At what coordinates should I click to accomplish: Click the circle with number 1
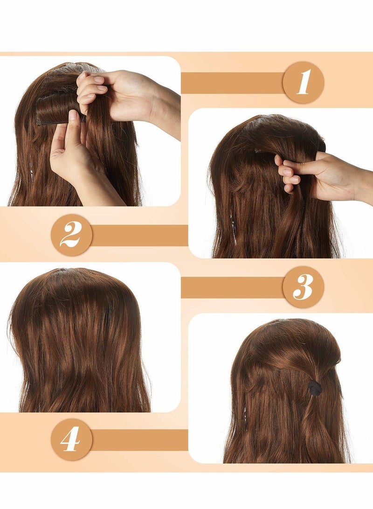point(303,83)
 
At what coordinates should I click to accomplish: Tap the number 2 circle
point(71,235)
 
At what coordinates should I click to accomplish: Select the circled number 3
point(303,286)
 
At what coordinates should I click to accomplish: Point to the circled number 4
point(71,439)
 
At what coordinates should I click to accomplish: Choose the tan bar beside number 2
point(139,235)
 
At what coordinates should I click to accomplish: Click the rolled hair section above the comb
point(56,105)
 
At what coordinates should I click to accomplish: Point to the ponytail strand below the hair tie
point(315,420)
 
